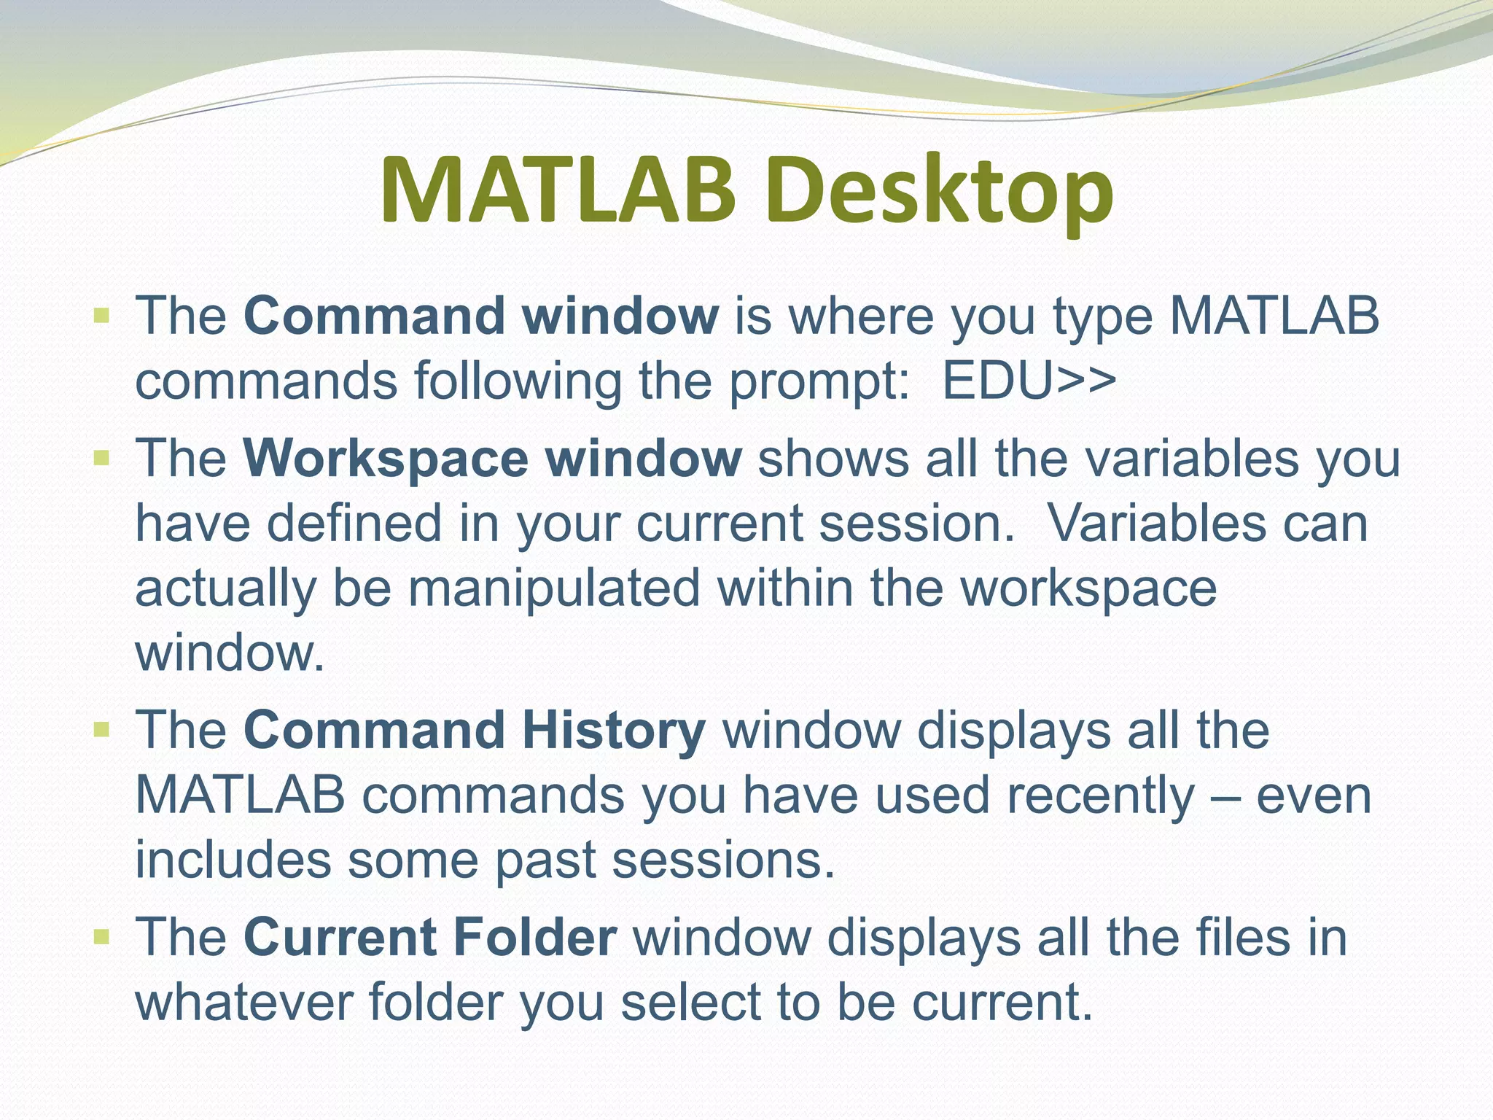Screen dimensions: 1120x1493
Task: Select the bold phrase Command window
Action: (x=481, y=316)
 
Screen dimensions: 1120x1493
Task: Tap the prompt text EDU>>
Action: (x=1029, y=381)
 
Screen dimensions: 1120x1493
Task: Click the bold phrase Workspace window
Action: (x=493, y=459)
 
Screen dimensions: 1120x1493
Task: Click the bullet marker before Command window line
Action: (x=101, y=316)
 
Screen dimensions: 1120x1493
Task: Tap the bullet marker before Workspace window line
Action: (x=101, y=459)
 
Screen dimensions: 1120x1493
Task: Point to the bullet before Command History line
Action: (x=101, y=729)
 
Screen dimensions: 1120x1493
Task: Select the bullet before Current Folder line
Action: (x=101, y=936)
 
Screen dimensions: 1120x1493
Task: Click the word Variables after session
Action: (x=1156, y=524)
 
